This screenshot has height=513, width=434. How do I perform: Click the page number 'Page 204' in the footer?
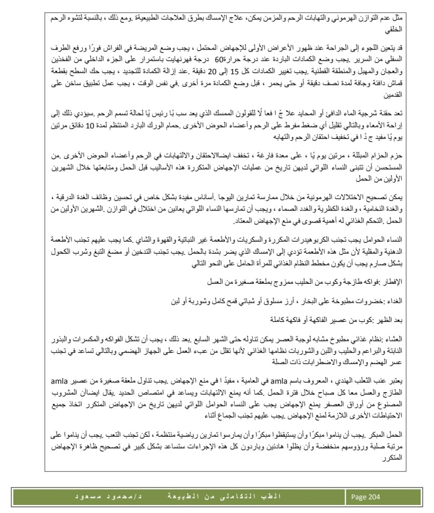366,496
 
